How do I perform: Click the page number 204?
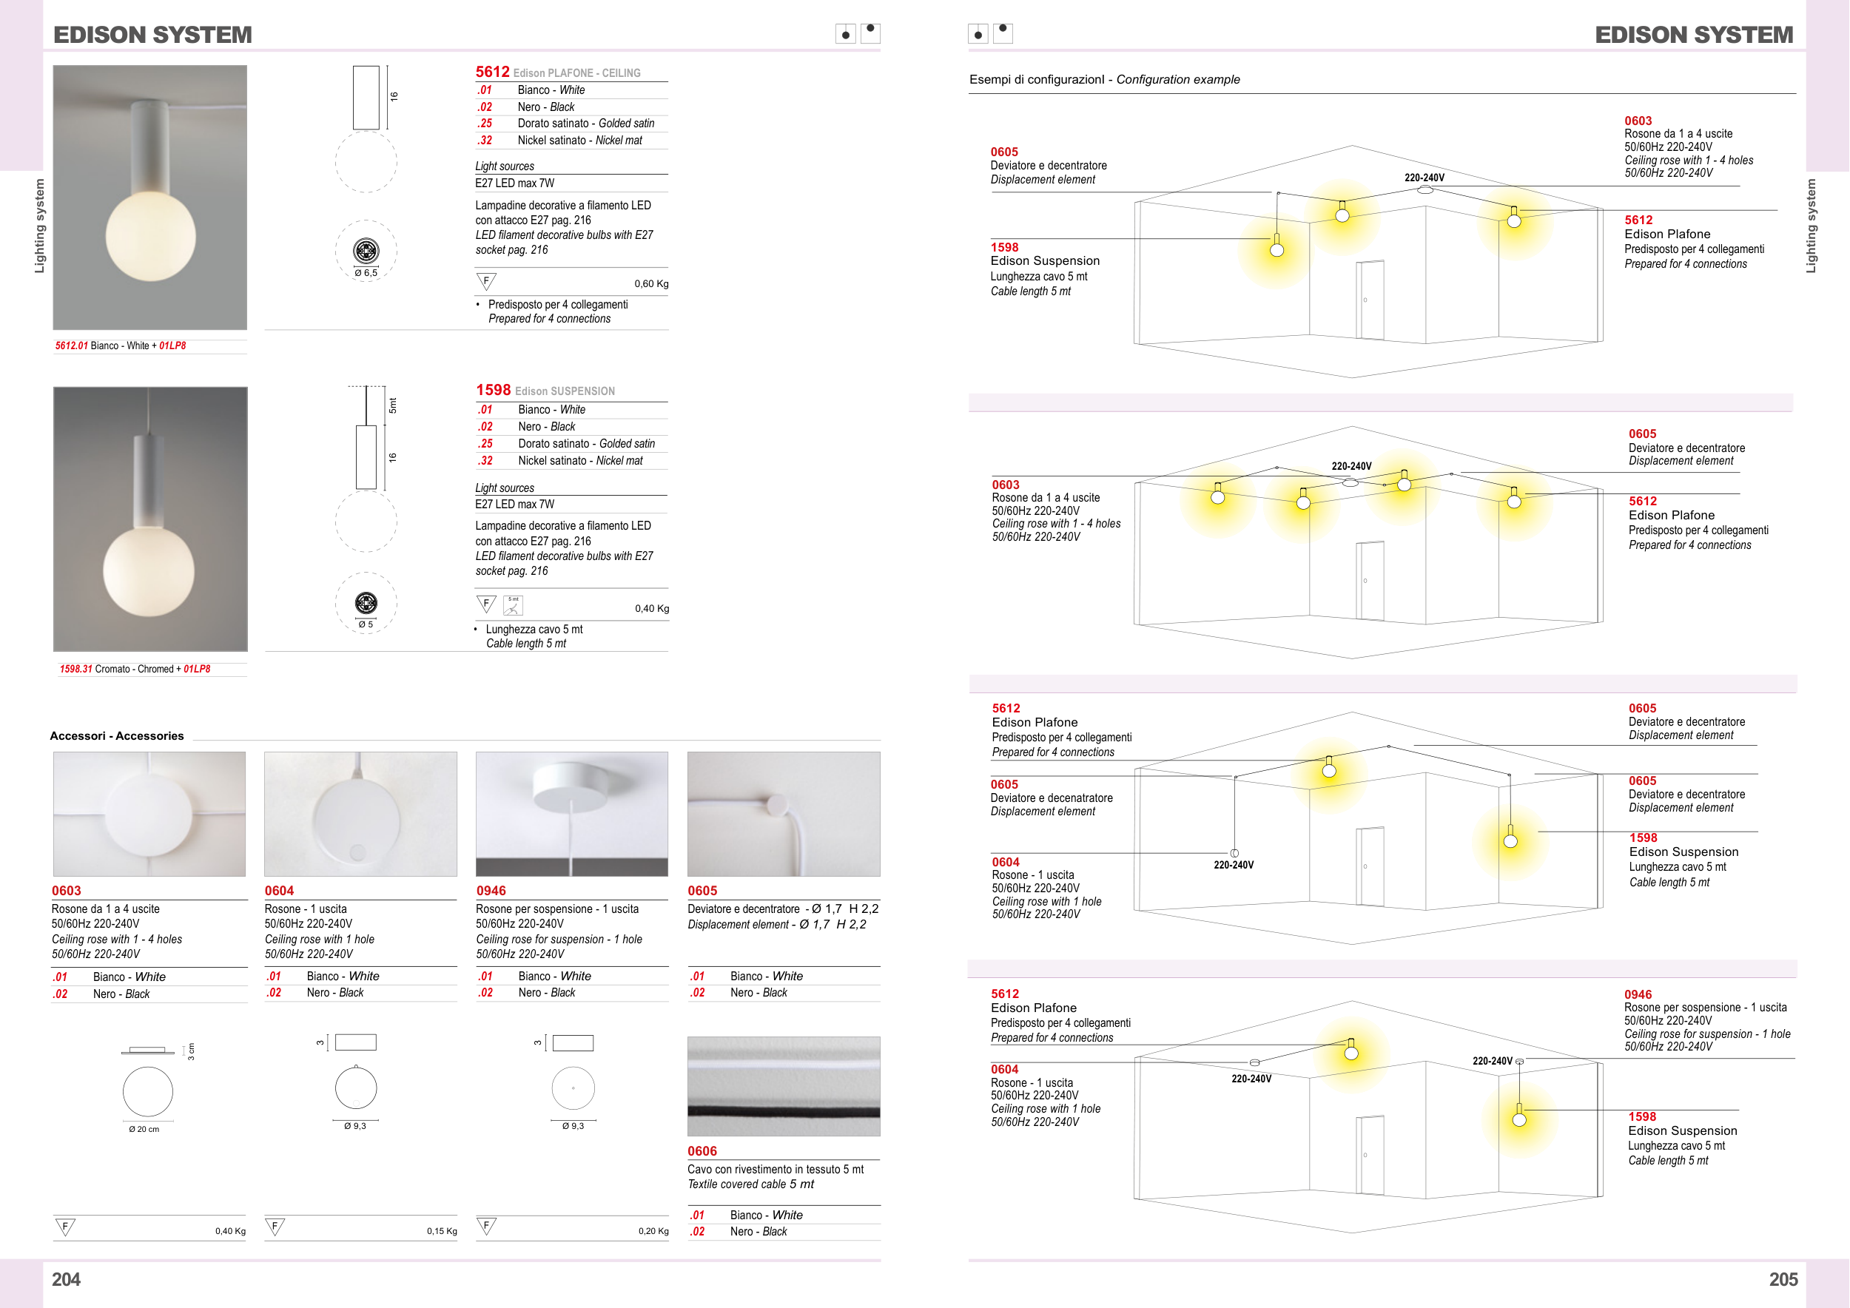(x=66, y=1279)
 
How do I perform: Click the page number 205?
(x=1783, y=1279)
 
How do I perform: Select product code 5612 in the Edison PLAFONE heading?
(x=492, y=72)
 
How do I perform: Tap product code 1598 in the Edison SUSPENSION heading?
(x=493, y=390)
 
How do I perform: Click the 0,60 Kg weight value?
(x=651, y=283)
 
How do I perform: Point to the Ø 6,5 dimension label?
(x=366, y=273)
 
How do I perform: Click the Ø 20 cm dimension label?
(x=144, y=1129)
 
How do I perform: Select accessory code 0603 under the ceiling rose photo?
(x=66, y=891)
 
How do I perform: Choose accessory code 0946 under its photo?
(x=491, y=891)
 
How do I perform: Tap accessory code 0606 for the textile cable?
(x=702, y=1151)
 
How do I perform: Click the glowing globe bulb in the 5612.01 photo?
(x=151, y=235)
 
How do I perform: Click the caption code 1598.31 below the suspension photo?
(x=75, y=670)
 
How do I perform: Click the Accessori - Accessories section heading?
(x=117, y=735)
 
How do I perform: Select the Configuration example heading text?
(x=1177, y=79)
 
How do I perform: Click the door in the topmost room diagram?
(x=1370, y=300)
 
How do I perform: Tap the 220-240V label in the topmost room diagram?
(x=1424, y=178)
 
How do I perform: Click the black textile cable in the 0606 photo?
(x=783, y=1111)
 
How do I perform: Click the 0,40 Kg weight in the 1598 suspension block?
(x=651, y=608)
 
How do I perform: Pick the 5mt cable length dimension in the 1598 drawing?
(x=393, y=405)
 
